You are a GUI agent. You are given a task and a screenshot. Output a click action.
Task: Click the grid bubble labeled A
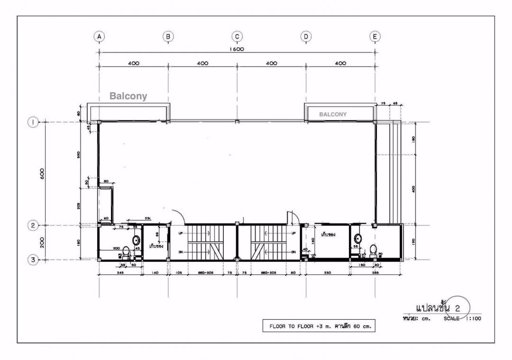pyautogui.click(x=99, y=36)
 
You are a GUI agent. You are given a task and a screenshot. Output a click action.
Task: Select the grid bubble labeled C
pyautogui.click(x=237, y=36)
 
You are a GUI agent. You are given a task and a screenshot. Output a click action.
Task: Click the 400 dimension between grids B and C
pyautogui.click(x=202, y=63)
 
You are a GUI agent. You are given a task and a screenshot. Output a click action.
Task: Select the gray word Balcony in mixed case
pyautogui.click(x=128, y=96)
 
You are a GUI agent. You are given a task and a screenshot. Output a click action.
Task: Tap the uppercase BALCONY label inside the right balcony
pyautogui.click(x=333, y=114)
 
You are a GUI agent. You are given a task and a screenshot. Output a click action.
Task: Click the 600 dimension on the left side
pyautogui.click(x=42, y=173)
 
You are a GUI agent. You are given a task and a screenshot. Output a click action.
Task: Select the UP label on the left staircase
pyautogui.click(x=180, y=234)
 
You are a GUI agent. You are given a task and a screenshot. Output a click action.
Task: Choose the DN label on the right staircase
pyautogui.click(x=294, y=252)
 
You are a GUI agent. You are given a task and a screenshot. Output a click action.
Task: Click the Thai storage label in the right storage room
pyautogui.click(x=328, y=234)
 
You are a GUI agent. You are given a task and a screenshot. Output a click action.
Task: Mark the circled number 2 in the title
pyautogui.click(x=457, y=308)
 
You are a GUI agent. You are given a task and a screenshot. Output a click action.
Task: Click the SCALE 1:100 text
pyautogui.click(x=462, y=319)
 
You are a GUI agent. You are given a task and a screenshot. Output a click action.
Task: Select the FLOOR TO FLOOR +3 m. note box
pyautogui.click(x=319, y=326)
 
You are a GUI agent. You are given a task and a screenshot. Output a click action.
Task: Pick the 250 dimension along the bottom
pyautogui.click(x=327, y=273)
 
